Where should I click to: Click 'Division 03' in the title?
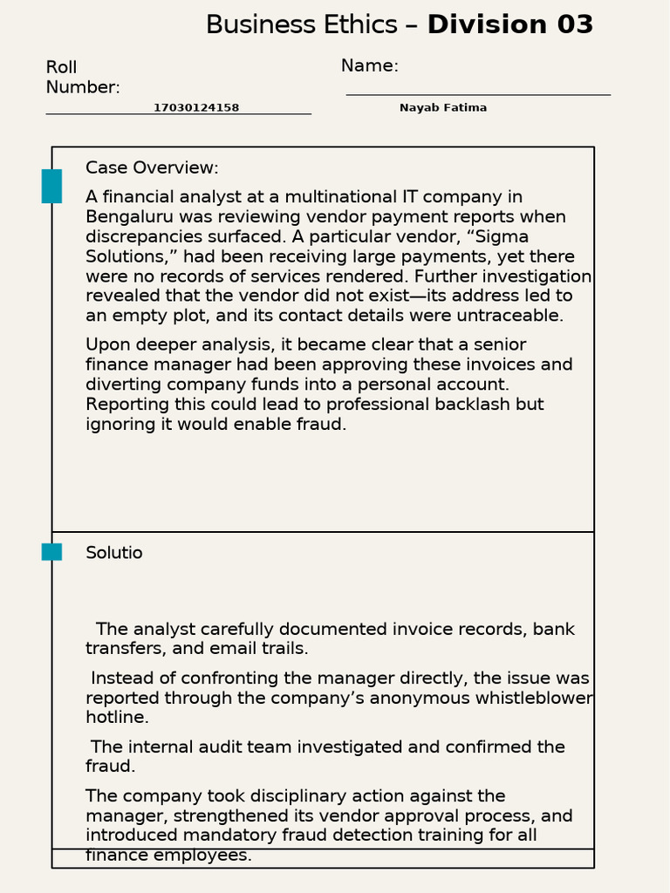pyautogui.click(x=509, y=25)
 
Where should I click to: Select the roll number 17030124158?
pyautogui.click(x=196, y=108)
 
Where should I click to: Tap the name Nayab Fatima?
pyautogui.click(x=443, y=108)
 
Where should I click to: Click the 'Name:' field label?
pyautogui.click(x=369, y=66)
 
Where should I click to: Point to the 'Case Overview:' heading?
pyautogui.click(x=152, y=168)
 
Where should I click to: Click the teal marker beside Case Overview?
pyautogui.click(x=51, y=187)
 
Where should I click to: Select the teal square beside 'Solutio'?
pyautogui.click(x=51, y=552)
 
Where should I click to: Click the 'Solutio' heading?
pyautogui.click(x=113, y=553)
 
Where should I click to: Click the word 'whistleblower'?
pyautogui.click(x=534, y=699)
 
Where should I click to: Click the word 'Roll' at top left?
pyautogui.click(x=61, y=68)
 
